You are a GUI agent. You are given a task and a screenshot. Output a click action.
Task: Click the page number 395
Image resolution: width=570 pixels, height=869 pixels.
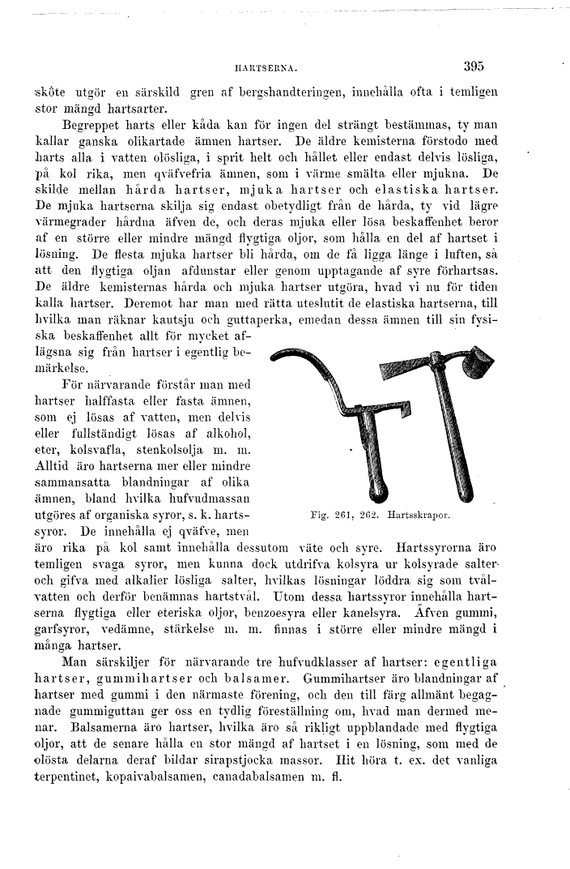(469, 67)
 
